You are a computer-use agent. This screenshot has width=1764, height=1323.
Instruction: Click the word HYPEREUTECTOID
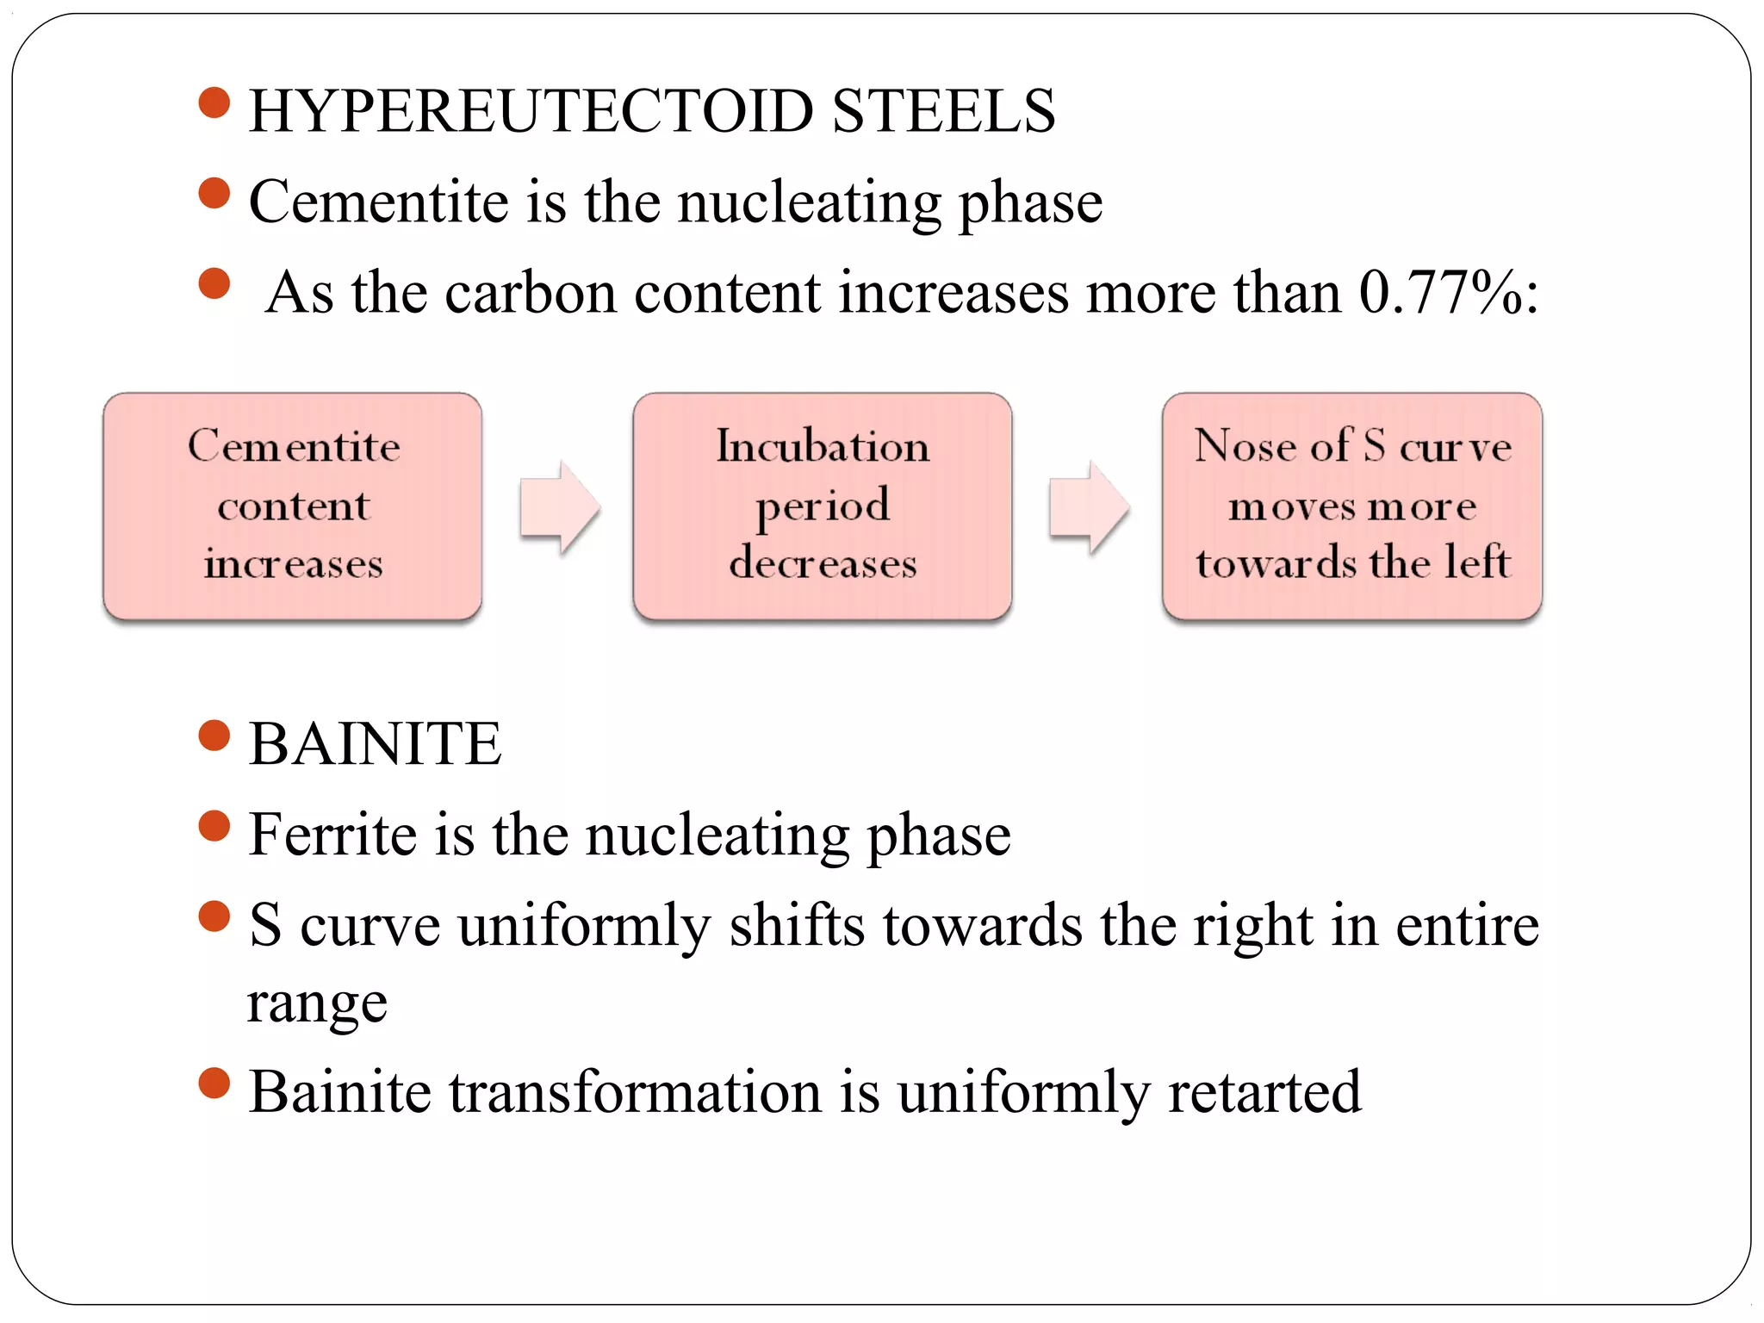531,112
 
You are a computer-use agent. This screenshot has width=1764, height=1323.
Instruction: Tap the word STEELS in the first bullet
944,112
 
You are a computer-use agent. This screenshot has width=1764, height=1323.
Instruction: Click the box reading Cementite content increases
293,506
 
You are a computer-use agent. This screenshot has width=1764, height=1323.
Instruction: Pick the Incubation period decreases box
822,506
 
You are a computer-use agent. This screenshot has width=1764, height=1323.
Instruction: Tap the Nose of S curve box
1351,506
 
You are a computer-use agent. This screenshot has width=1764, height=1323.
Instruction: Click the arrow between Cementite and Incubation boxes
559,506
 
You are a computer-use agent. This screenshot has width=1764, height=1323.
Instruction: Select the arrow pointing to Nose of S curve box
1088,506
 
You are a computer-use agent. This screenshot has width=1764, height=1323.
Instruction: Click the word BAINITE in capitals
375,744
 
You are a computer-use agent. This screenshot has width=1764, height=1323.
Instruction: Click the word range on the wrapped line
317,1004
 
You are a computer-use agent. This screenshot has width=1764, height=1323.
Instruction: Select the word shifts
797,926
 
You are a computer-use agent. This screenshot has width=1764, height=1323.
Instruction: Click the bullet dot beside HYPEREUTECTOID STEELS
214,102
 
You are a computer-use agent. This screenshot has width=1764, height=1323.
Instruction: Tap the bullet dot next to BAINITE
214,736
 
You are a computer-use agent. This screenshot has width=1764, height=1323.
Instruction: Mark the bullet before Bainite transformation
214,1084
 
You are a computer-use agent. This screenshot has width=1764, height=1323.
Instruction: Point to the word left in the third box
1478,562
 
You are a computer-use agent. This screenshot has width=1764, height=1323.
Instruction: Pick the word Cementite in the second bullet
379,202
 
